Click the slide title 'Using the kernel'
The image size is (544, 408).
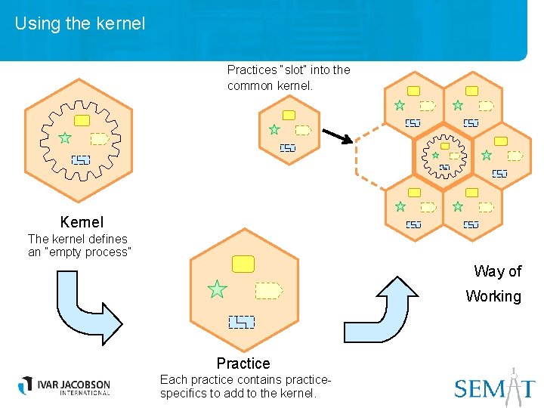[79, 23]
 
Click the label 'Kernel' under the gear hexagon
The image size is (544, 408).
[82, 222]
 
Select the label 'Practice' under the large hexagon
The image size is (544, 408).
[243, 363]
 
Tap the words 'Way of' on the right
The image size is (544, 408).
[497, 271]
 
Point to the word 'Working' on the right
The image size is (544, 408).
[493, 296]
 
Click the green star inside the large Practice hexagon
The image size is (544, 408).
[218, 289]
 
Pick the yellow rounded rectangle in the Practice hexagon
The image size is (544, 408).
[243, 264]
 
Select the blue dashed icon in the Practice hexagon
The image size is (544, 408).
[242, 322]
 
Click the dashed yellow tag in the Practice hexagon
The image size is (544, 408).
[268, 290]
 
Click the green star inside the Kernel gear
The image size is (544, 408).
[65, 138]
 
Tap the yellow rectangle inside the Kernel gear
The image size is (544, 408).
[82, 120]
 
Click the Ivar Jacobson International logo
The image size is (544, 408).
[64, 385]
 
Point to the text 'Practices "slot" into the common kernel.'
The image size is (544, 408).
[289, 77]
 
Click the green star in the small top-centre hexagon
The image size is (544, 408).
[274, 129]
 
